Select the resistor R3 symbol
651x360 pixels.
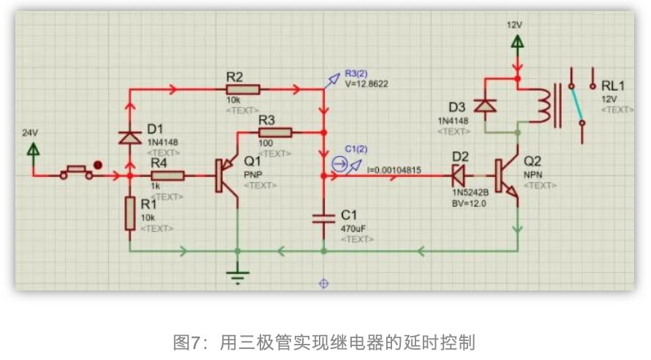click(x=276, y=132)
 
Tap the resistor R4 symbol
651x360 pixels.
click(x=168, y=176)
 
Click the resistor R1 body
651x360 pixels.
click(x=130, y=214)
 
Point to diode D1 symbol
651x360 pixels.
click(x=129, y=137)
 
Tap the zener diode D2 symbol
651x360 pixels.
click(x=459, y=176)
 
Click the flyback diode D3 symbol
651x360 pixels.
click(x=485, y=105)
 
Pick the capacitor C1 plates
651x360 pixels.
click(x=323, y=217)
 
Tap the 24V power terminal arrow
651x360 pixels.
click(x=33, y=150)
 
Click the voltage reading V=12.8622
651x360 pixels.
click(x=366, y=84)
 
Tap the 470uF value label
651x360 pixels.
click(x=354, y=228)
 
